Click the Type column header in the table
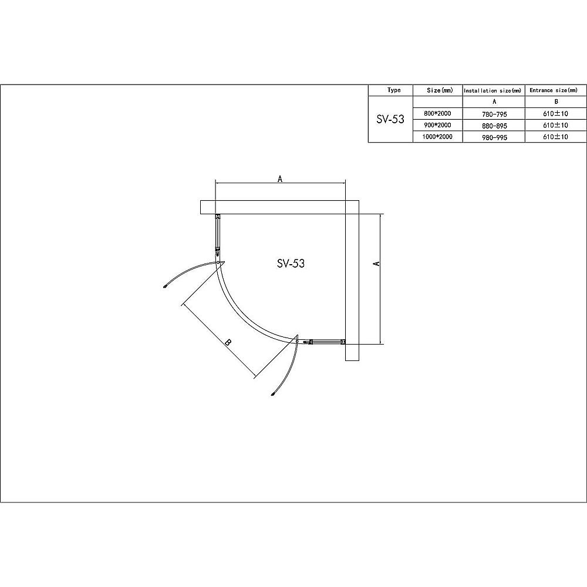point(394,90)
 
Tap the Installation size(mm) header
point(492,90)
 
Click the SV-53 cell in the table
point(390,119)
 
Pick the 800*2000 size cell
point(437,113)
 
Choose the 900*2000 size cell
point(437,125)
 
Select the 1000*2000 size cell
point(437,137)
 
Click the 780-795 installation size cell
point(493,114)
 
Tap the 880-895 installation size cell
point(493,126)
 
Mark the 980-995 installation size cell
point(493,137)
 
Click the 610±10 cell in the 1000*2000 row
point(556,137)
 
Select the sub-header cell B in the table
point(556,102)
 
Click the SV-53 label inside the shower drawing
point(291,264)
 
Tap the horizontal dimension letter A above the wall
point(280,179)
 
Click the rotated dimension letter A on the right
point(377,264)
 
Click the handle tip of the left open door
point(166,287)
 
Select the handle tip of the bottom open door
point(273,394)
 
